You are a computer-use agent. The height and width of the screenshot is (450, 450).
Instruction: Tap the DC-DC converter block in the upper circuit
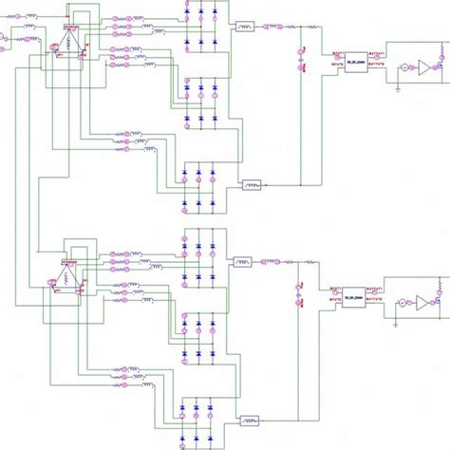click(x=356, y=59)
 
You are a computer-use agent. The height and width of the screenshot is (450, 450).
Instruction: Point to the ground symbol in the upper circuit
click(x=395, y=84)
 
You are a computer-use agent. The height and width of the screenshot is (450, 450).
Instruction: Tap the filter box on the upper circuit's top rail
click(x=245, y=27)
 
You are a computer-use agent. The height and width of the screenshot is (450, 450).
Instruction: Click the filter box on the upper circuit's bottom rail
click(x=252, y=184)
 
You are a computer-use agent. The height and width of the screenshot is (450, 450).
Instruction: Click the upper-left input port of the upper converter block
click(x=335, y=53)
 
